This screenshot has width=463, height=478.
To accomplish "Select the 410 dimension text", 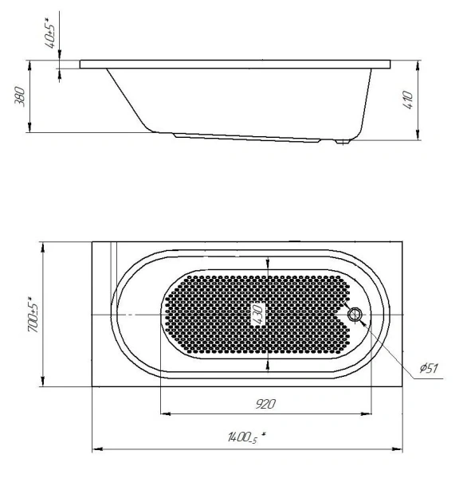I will (x=408, y=100).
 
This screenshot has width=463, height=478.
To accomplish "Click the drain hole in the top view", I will (x=355, y=315).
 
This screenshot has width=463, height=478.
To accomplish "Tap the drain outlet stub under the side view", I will (x=343, y=143).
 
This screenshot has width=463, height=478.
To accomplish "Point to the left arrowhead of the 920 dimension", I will (x=166, y=413).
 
